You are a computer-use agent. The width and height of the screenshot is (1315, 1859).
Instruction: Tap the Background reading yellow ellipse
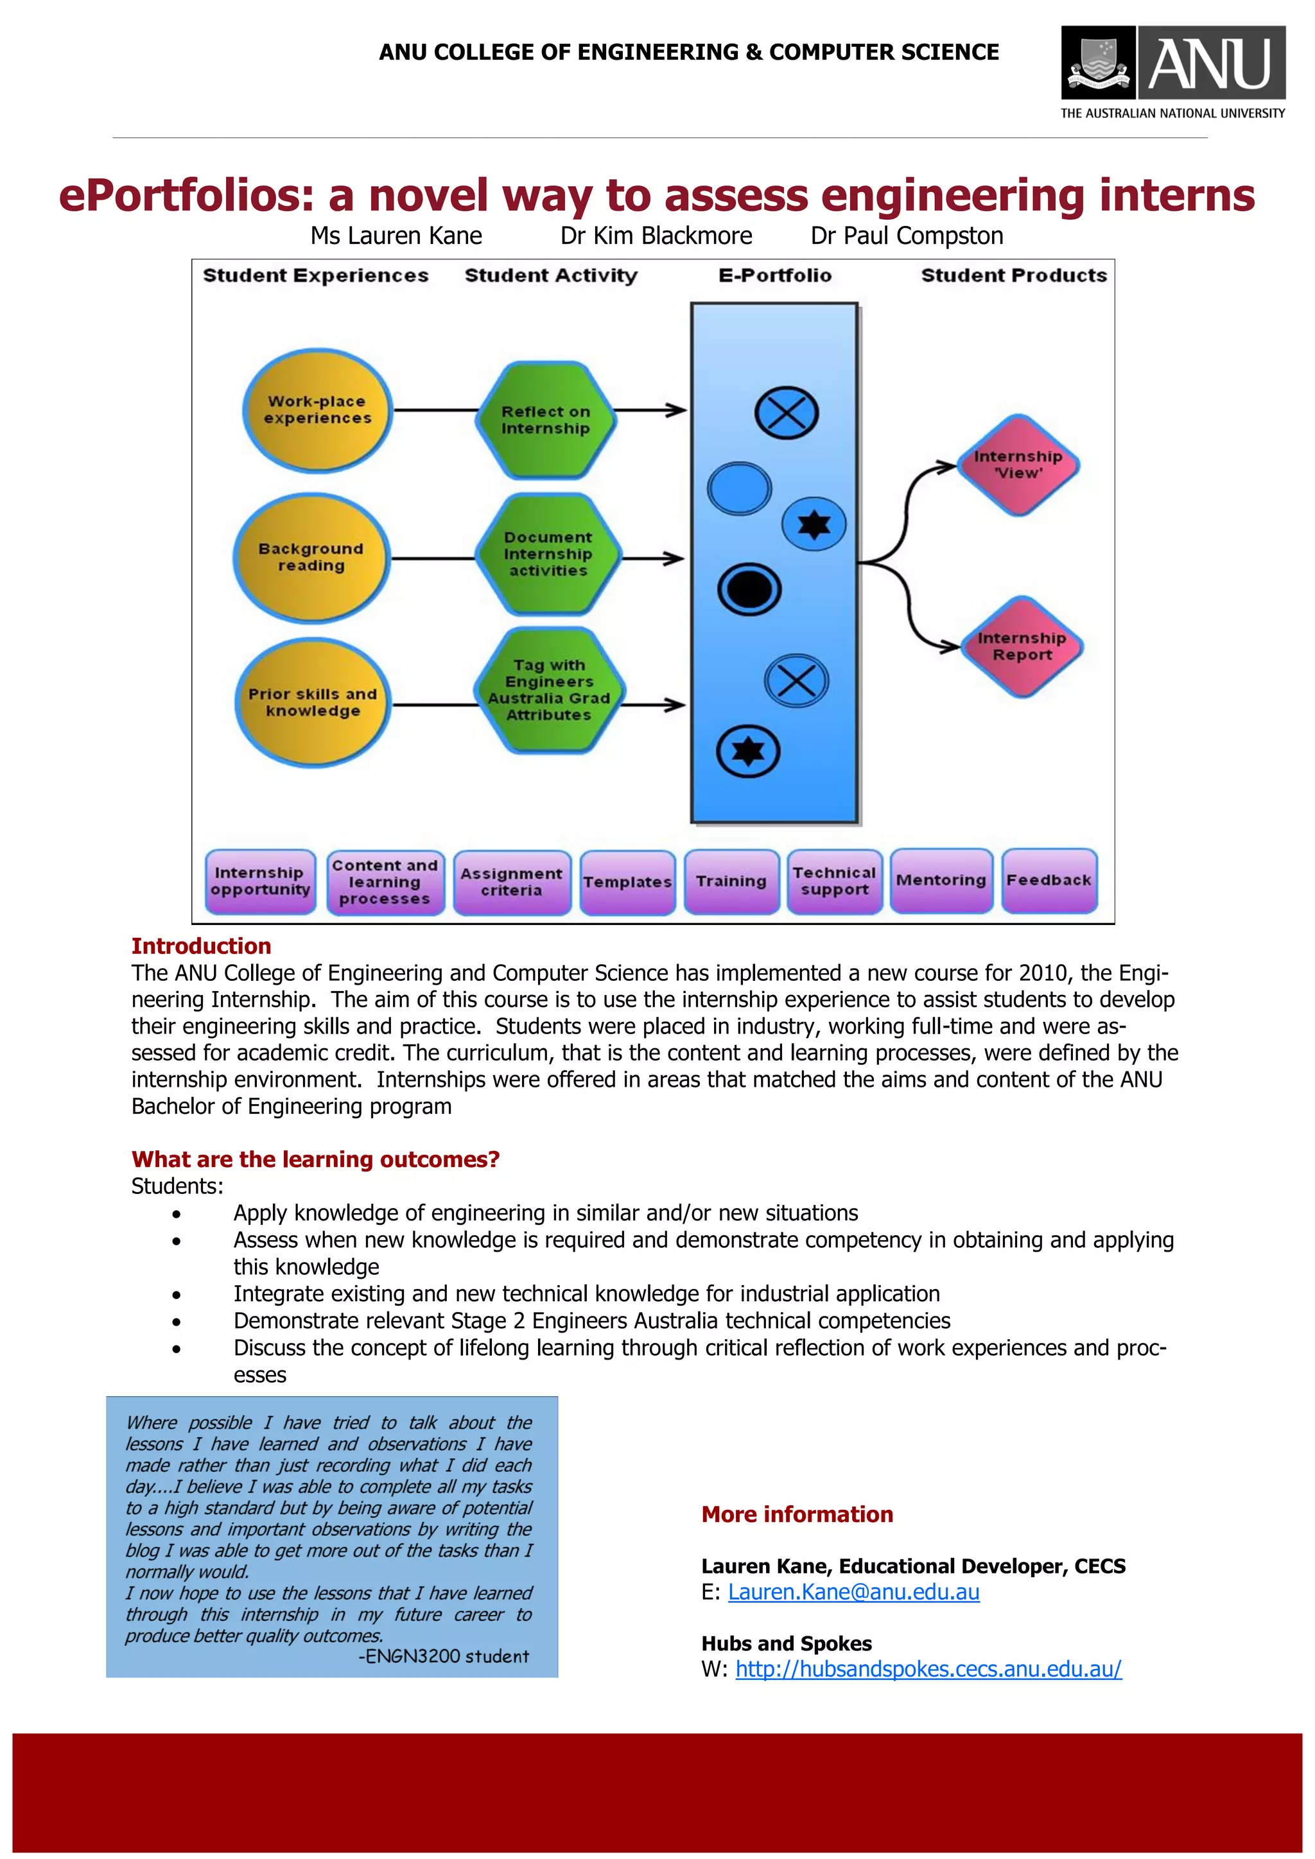coord(311,557)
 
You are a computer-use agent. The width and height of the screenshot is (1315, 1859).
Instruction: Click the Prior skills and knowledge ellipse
coord(313,703)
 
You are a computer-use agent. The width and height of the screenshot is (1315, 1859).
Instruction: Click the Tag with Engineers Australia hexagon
coord(548,691)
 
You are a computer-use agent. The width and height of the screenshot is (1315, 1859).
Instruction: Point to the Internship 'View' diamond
coord(1018,465)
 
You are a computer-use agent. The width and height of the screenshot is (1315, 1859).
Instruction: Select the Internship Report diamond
coord(1021,646)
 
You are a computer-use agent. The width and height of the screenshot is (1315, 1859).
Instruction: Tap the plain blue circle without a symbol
coord(738,489)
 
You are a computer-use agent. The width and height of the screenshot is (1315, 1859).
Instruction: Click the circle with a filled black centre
coord(749,589)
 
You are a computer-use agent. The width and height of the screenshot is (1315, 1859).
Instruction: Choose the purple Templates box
coord(627,882)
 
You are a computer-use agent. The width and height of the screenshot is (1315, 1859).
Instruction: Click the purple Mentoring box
coord(941,880)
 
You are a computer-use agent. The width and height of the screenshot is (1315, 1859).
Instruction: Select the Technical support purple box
coord(834,881)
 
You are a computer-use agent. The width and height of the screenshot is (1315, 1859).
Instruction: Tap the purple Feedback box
coord(1049,880)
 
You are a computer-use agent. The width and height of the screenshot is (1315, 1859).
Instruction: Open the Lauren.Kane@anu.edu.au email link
coord(853,1592)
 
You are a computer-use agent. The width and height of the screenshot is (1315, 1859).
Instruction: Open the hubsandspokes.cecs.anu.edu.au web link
coord(928,1669)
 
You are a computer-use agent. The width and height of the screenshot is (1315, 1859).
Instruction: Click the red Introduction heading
coord(201,946)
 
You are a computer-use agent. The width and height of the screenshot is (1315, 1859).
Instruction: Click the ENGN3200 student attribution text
coord(444,1657)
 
